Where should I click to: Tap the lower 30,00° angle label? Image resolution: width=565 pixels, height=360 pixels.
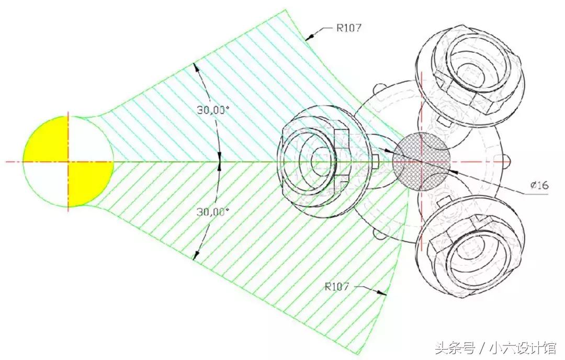213,212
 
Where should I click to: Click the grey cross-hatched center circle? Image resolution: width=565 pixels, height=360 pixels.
421,162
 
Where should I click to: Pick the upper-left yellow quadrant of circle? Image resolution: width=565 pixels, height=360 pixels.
46,139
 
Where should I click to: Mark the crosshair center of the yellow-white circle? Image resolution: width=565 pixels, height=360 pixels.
68,162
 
